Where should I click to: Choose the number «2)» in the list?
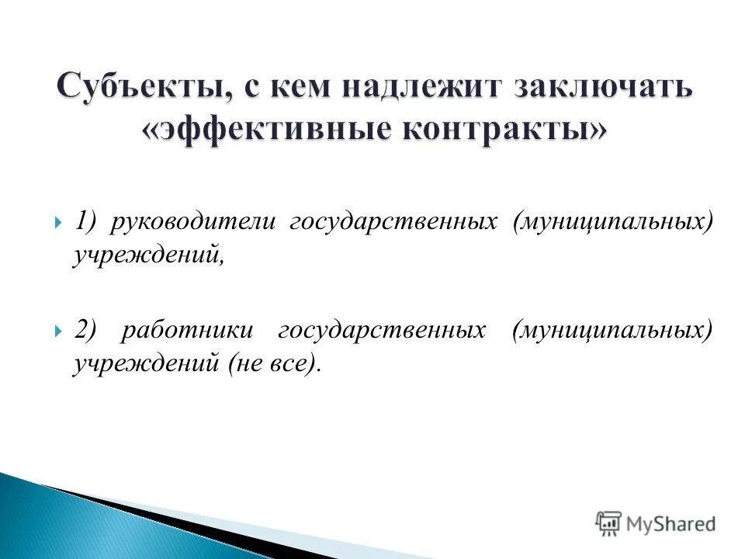point(88,330)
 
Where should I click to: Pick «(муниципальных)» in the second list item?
point(611,330)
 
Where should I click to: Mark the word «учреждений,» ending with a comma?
point(148,257)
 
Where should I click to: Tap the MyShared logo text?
point(671,524)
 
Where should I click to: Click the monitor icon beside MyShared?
point(609,523)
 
